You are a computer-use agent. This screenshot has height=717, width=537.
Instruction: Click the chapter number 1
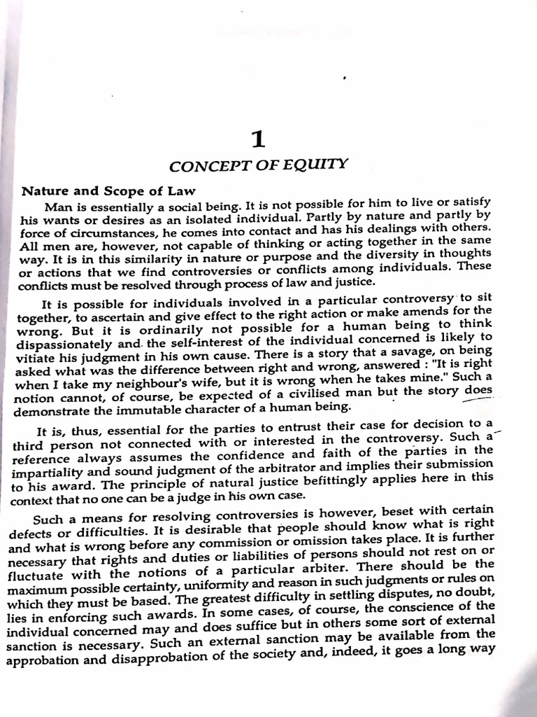coord(259,139)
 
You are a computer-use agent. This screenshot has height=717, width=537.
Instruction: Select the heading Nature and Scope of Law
coord(108,191)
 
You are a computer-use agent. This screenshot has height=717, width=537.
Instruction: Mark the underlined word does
coord(478,391)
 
